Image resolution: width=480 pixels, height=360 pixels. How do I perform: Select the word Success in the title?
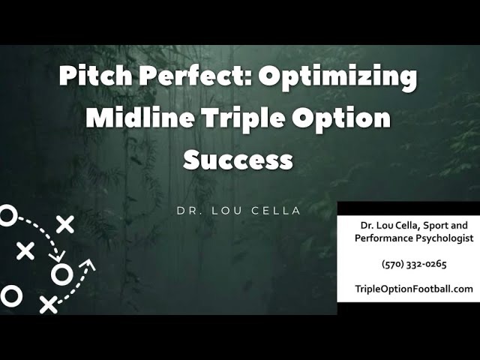pos(238,159)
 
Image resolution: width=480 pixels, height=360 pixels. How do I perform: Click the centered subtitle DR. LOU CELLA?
pos(238,211)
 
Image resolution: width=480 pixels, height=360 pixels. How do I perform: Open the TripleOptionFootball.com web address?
pos(414,289)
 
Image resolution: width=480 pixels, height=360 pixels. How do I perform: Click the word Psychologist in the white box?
pos(440,238)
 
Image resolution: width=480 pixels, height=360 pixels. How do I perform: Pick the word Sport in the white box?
pos(434,224)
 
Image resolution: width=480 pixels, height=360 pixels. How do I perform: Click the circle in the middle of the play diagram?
pos(61,274)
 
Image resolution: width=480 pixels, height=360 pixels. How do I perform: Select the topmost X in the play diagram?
pos(65,223)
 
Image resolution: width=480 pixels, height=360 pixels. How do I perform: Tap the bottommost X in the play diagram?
pos(48,304)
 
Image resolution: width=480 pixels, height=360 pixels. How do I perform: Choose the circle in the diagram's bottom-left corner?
pos(10,295)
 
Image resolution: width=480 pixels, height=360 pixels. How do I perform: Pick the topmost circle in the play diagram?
pos(6,217)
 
